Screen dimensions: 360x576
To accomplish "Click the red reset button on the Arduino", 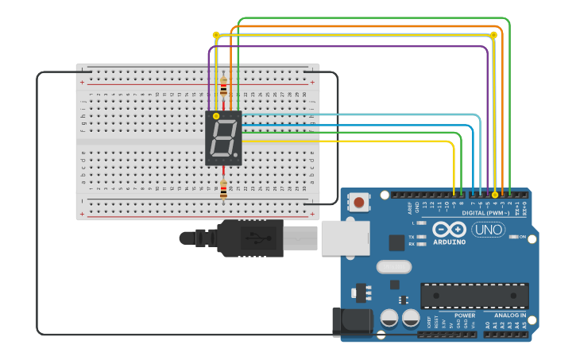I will pos(359,202).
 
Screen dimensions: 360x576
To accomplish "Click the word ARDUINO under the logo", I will pos(450,242).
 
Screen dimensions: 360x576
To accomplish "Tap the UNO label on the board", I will pos(488,230).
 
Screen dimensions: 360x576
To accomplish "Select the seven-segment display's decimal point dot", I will pos(235,155).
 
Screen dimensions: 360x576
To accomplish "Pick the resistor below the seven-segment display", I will pos(223,190).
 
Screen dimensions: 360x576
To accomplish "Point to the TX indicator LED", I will pos(421,237).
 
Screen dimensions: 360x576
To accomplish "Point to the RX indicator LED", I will pos(421,244).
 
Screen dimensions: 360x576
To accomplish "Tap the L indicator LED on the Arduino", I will pos(421,223).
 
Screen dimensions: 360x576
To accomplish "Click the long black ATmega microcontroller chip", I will pos(474,296).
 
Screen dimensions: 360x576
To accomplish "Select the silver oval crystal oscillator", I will pos(393,267).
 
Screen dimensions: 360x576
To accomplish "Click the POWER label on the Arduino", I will pos(465,315).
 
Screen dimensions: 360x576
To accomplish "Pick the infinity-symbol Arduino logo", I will pos(450,229).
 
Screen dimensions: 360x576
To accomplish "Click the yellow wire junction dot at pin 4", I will pos(495,194).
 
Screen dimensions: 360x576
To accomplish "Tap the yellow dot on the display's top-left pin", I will pos(216,116).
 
